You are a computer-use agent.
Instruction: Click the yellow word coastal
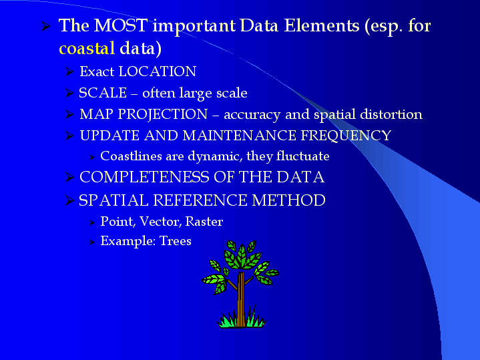point(87,48)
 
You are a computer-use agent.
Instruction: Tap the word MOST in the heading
point(121,25)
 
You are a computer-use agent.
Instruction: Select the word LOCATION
point(158,71)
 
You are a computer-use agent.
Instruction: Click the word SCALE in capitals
point(103,93)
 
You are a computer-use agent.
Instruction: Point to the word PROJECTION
point(163,115)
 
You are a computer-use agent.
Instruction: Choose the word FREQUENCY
point(346,136)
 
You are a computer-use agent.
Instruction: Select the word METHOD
point(288,200)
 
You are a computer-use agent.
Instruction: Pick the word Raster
point(204,221)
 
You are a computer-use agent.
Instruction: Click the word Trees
point(176,241)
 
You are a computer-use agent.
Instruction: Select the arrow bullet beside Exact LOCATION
point(70,71)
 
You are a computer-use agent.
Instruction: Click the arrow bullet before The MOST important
point(46,26)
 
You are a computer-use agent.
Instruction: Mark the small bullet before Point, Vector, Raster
point(92,222)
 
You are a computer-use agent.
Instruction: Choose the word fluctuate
point(303,156)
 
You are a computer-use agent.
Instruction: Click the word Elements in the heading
point(322,25)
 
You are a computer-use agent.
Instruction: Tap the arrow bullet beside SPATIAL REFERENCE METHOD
point(70,200)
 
